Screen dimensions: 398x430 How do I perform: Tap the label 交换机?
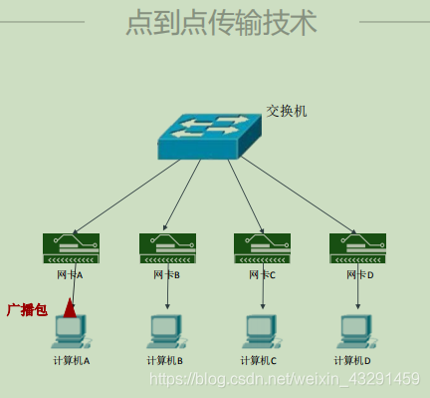coord(287,111)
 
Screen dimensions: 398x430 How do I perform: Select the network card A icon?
coord(71,247)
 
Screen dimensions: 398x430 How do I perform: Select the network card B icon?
coord(167,247)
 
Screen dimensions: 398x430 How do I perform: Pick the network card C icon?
coord(262,247)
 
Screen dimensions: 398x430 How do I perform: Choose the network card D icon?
coord(357,247)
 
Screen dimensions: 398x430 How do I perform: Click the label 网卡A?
coord(70,274)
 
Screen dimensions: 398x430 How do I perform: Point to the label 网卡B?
coord(166,274)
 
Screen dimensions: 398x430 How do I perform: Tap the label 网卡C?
coord(262,274)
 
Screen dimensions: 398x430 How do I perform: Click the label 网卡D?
coord(357,274)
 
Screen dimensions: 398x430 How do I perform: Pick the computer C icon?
coord(262,330)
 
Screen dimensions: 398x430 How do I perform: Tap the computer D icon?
coord(355,330)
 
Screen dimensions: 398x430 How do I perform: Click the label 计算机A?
coord(72,360)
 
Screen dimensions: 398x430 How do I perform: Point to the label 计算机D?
coord(353,360)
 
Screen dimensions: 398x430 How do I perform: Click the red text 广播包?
coord(27,310)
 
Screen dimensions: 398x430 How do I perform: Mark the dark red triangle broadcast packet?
coord(70,306)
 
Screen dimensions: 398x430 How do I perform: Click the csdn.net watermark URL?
coord(283,379)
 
